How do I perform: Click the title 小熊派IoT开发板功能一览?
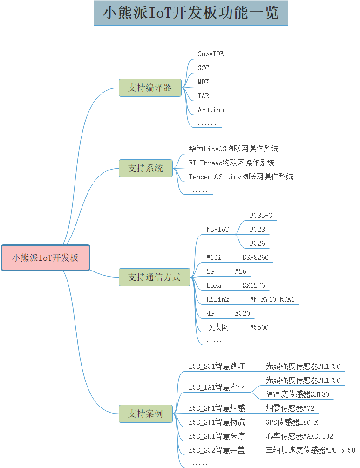(x=191, y=13)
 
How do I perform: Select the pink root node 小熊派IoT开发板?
(x=45, y=258)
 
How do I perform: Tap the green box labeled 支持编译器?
(x=150, y=88)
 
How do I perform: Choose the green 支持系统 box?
(x=146, y=168)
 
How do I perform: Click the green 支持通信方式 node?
(x=155, y=277)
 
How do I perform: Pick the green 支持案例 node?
(x=146, y=414)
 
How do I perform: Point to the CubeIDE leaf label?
(x=211, y=54)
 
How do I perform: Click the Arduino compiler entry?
(x=211, y=110)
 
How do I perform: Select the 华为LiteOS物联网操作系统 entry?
(x=233, y=149)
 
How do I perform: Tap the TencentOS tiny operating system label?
(x=241, y=176)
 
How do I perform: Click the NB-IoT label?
(x=217, y=230)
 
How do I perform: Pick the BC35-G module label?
(x=261, y=216)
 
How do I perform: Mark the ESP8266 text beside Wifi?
(x=255, y=257)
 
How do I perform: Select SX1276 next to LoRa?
(x=253, y=285)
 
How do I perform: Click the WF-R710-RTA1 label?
(x=272, y=299)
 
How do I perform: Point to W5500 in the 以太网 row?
(x=259, y=327)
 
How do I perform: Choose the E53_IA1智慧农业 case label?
(x=217, y=387)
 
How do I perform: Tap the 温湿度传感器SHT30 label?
(x=297, y=394)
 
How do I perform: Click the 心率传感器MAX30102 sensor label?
(x=299, y=436)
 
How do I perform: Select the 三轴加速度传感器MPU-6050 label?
(x=311, y=450)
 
